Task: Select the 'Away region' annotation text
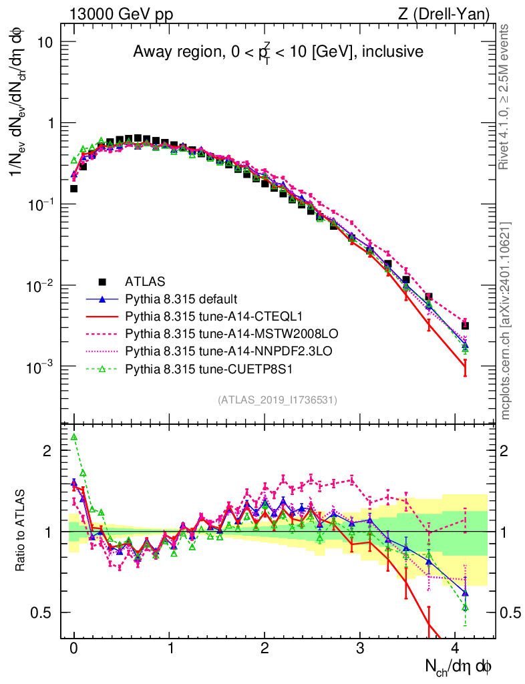278,51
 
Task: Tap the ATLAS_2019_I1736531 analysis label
277,400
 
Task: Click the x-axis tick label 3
360,648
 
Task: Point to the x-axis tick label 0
73,648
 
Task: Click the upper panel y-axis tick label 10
45,41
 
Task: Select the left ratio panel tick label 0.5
41,613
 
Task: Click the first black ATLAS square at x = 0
74,188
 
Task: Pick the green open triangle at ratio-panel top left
74,437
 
